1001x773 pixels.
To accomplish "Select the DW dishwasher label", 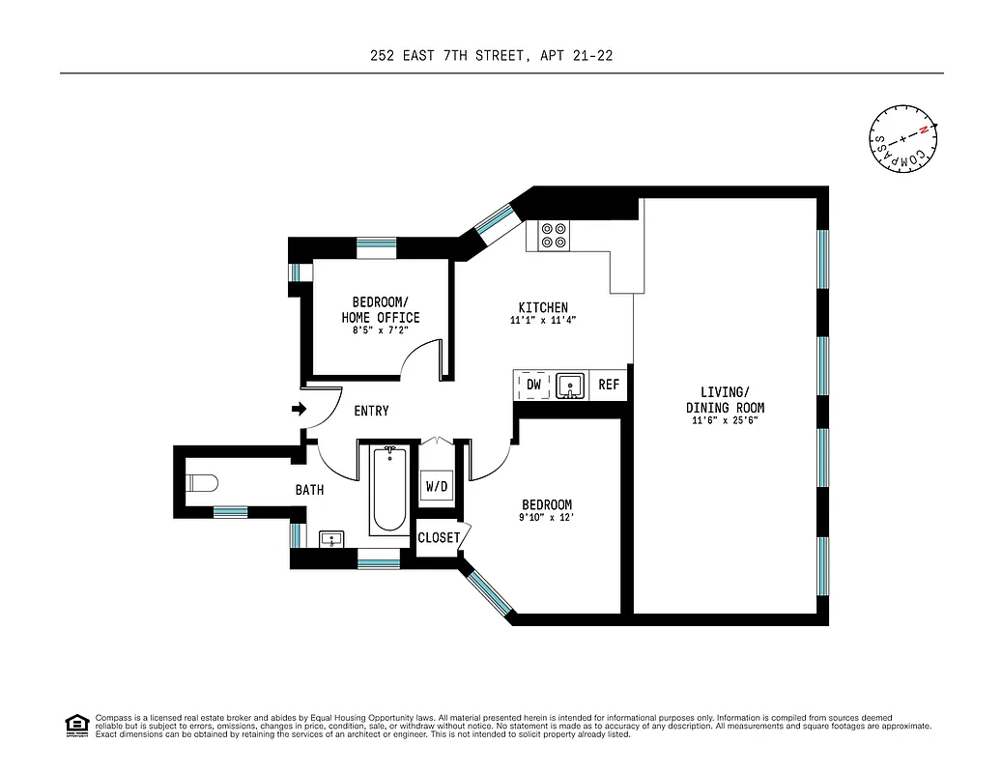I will pyautogui.click(x=533, y=385).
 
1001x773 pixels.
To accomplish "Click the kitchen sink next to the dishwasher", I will pyautogui.click(x=571, y=386).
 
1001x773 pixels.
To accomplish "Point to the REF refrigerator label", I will pyautogui.click(x=609, y=385).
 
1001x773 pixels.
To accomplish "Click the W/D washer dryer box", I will pyautogui.click(x=437, y=486).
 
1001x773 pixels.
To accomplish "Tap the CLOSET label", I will pyautogui.click(x=439, y=537).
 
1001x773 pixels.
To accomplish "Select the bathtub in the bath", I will pyautogui.click(x=389, y=490).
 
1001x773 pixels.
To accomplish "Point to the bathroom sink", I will pyautogui.click(x=332, y=539).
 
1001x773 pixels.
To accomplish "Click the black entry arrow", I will pyautogui.click(x=299, y=410).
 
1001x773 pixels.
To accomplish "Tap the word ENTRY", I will pyautogui.click(x=371, y=411).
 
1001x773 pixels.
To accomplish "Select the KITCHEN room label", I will pyautogui.click(x=543, y=307).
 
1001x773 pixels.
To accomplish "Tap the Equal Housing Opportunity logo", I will pyautogui.click(x=76, y=725).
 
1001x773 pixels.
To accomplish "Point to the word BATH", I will pyautogui.click(x=309, y=490).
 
